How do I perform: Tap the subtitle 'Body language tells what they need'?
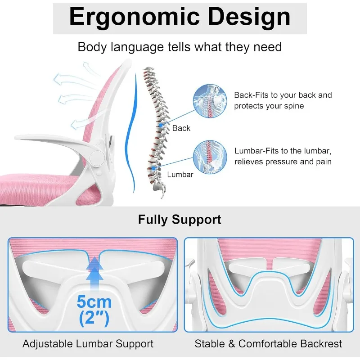coord(180,47)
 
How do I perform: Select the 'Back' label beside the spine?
coord(181,128)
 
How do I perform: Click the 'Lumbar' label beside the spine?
coord(180,174)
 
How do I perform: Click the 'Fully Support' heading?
coord(180,220)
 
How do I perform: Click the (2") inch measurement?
coord(94,319)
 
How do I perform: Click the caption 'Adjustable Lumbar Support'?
coord(88,344)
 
